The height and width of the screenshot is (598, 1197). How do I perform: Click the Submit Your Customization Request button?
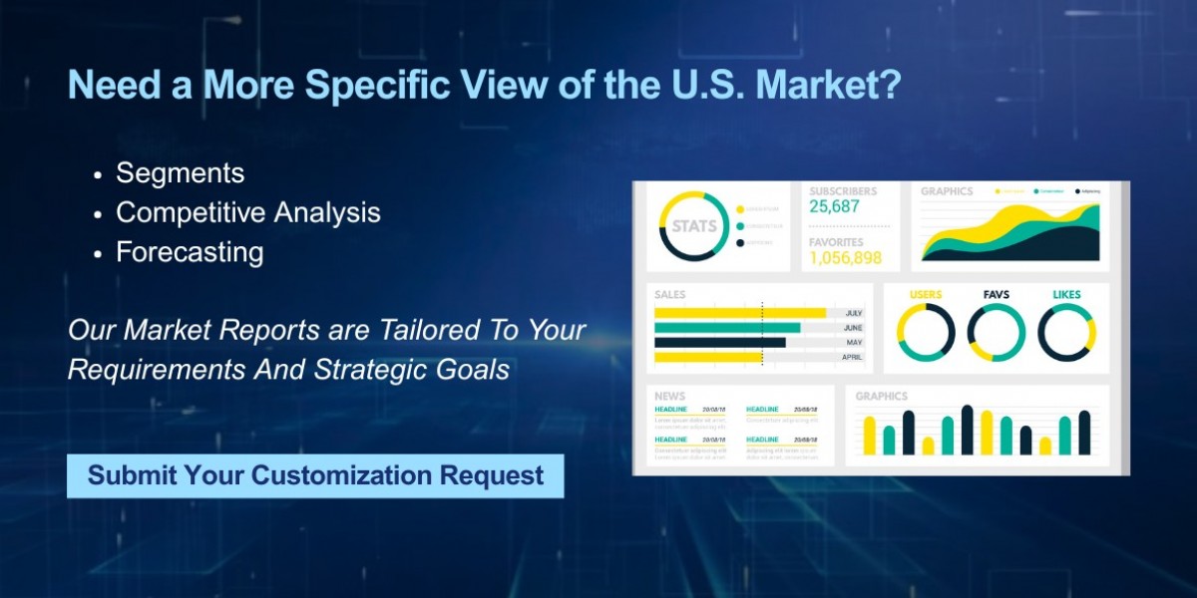pyautogui.click(x=315, y=475)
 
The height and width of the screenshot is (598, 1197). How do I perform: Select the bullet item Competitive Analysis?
pyautogui.click(x=247, y=212)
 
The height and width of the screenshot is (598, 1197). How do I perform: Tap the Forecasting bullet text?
pyautogui.click(x=190, y=252)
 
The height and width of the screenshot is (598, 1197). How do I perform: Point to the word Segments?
pyautogui.click(x=180, y=172)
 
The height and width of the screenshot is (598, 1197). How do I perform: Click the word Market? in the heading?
pyautogui.click(x=828, y=86)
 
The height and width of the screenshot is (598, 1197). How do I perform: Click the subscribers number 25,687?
pyautogui.click(x=834, y=207)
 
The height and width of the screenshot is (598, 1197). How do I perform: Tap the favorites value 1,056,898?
pyautogui.click(x=845, y=258)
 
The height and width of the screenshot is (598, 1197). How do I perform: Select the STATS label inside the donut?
pyautogui.click(x=693, y=226)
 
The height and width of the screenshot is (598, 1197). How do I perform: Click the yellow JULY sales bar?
pyautogui.click(x=739, y=313)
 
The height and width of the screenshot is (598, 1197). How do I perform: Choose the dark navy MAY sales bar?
pyautogui.click(x=719, y=342)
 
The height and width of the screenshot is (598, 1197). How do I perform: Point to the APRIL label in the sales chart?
pyautogui.click(x=853, y=357)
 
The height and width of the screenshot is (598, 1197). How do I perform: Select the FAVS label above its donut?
pyautogui.click(x=997, y=295)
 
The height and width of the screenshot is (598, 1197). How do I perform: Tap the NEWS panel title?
pyautogui.click(x=669, y=397)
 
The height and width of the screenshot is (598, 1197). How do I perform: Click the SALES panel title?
pyautogui.click(x=669, y=295)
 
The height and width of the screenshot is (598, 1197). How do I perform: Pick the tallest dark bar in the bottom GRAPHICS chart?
pyautogui.click(x=967, y=430)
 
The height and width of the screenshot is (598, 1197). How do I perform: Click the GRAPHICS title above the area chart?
pyautogui.click(x=946, y=191)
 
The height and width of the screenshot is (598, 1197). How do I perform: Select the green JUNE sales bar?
pyautogui.click(x=726, y=328)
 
